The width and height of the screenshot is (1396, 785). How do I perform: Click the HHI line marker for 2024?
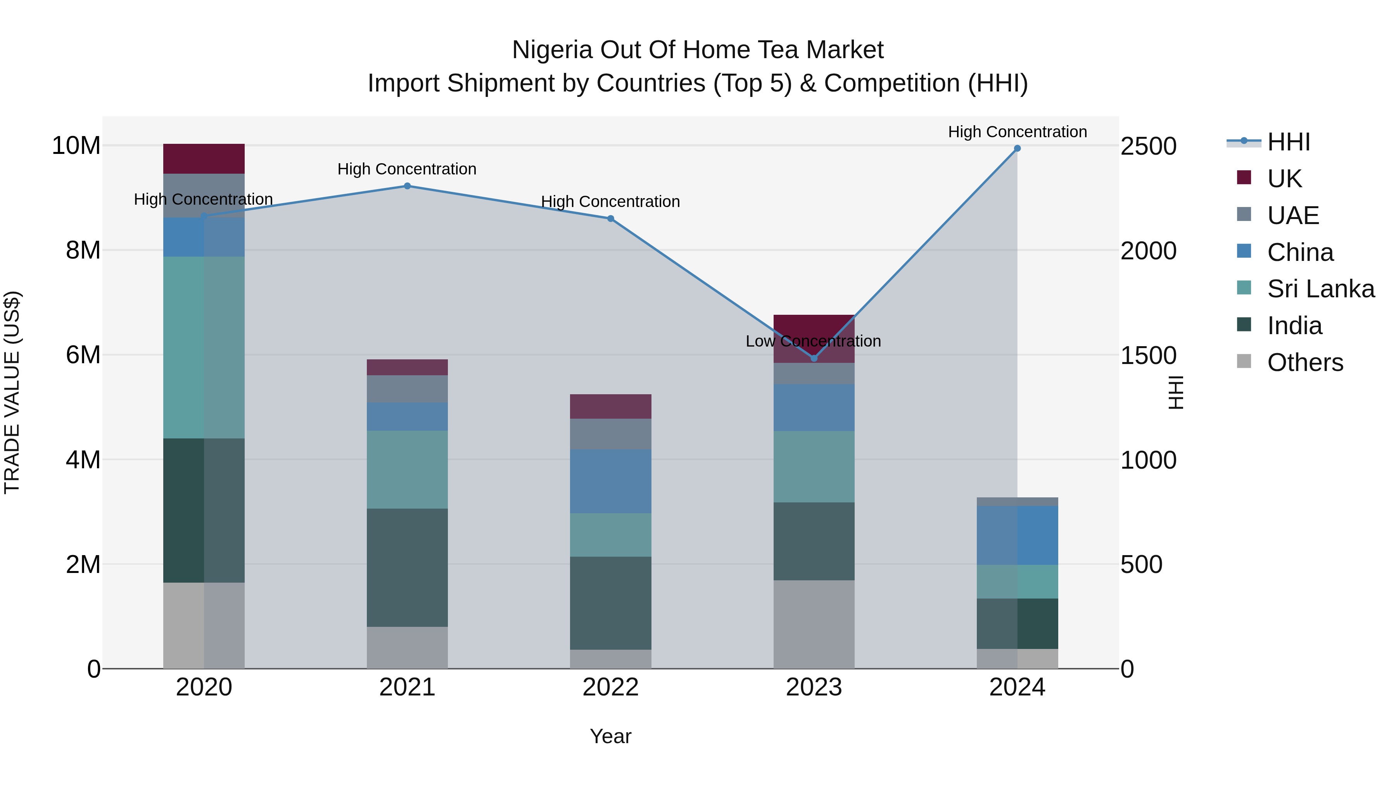point(1017,148)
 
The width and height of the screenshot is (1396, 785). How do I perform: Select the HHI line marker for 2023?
point(814,358)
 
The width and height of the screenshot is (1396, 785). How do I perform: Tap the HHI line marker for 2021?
point(407,186)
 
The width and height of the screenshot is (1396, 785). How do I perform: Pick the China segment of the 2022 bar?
point(610,481)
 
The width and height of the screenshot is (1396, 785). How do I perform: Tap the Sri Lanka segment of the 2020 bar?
point(204,347)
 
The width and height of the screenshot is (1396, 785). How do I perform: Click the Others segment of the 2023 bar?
point(814,624)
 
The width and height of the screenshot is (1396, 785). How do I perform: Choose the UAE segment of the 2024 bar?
point(1017,502)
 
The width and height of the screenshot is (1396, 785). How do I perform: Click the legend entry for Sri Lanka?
point(1320,289)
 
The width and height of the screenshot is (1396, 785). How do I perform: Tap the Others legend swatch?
point(1244,361)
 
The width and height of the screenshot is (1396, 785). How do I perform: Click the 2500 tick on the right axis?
point(1148,146)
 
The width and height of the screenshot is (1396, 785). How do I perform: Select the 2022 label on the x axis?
point(610,687)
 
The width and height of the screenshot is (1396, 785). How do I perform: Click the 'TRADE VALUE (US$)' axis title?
point(12,392)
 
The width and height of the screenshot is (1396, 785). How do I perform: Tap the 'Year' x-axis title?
point(610,736)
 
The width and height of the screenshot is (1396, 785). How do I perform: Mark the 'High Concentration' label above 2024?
point(1017,132)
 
